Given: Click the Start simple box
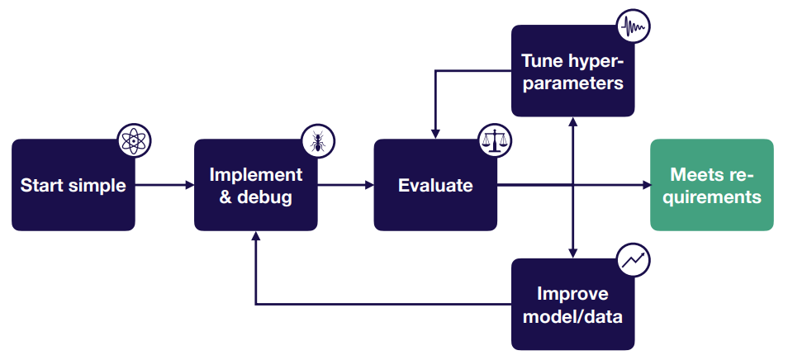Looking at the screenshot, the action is point(74,185).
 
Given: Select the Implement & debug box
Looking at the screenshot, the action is point(256,185).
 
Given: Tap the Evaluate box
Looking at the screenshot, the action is point(435,185).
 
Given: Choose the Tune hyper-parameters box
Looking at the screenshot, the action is point(573,71).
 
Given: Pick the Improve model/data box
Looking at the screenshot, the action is point(573,304).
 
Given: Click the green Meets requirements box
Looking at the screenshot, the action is point(712,185).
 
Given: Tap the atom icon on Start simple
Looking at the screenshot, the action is point(134,141).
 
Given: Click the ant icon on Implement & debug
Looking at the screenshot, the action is point(318,141).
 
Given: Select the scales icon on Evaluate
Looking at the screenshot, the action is point(495,140).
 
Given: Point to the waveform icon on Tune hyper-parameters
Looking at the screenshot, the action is point(634,26).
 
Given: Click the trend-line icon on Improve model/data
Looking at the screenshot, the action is point(634,259).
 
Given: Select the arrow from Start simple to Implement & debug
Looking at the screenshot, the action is point(165,185).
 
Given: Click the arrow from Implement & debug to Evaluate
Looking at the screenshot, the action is point(346,185).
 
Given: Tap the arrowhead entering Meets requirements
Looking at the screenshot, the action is point(647,185).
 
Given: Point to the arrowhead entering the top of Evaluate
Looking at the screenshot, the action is point(435,134).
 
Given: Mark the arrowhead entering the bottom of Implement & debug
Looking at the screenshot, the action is point(256,236).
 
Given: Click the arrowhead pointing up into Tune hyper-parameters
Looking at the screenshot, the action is point(573,122).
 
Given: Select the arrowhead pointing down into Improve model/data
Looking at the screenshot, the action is point(573,253).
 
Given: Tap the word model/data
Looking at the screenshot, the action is point(573,317).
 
